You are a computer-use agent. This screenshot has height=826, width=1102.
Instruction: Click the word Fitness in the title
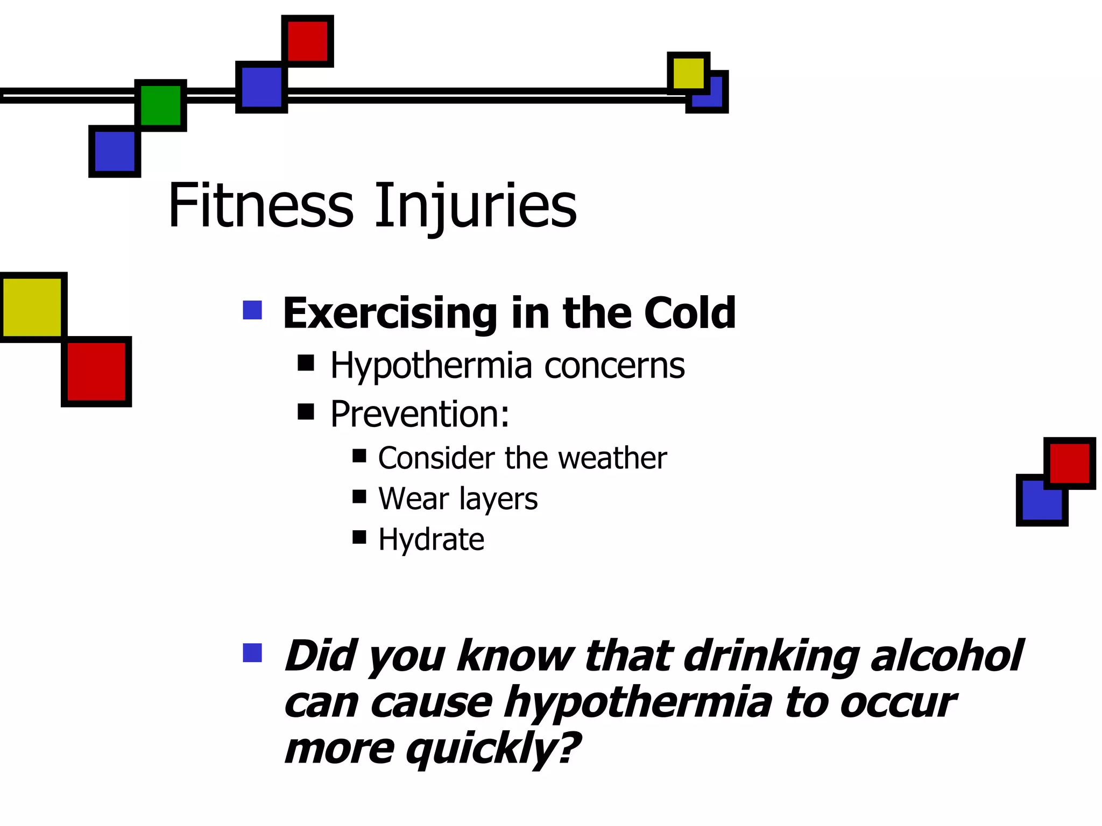[261, 206]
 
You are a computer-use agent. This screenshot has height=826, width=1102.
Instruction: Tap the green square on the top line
[160, 105]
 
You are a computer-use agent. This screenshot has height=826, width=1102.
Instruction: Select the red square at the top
[308, 41]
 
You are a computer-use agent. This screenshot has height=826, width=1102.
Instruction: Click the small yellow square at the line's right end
[688, 73]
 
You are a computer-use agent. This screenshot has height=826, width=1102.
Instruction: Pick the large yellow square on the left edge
[32, 307]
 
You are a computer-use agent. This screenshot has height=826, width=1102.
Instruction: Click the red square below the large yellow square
[97, 372]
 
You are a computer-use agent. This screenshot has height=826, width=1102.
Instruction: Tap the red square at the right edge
[1069, 463]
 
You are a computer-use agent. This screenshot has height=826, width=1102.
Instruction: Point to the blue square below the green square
[115, 151]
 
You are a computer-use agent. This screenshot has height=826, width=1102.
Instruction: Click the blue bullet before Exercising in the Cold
[252, 310]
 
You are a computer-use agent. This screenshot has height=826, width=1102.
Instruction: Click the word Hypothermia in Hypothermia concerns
[430, 366]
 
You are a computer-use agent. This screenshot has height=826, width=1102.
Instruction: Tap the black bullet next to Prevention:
[306, 412]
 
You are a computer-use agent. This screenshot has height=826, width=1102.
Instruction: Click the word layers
[498, 499]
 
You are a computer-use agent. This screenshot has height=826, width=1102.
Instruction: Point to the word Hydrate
[431, 539]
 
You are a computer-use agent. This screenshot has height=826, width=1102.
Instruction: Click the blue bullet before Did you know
[252, 653]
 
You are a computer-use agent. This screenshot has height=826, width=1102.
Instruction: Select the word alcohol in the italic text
[947, 656]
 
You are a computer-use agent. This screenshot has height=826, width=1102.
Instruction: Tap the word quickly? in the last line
[492, 749]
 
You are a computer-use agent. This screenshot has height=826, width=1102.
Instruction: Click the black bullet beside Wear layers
[359, 496]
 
